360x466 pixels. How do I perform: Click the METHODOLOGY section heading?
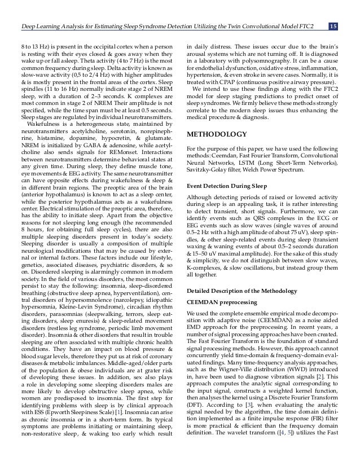coord(217,135)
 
